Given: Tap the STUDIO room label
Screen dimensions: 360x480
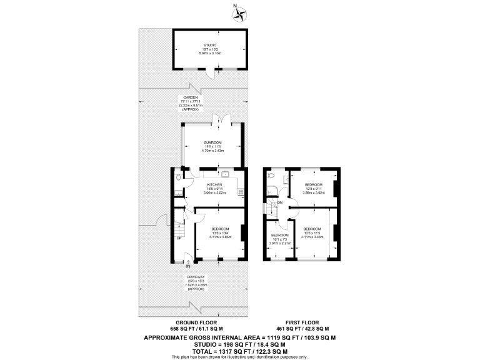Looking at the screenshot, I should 209,45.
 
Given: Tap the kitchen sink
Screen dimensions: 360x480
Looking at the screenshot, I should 222,174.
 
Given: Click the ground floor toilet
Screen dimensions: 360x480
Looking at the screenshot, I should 179,178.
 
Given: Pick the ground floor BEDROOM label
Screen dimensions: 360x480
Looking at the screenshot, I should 220,229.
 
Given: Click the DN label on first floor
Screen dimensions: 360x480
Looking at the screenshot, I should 279,202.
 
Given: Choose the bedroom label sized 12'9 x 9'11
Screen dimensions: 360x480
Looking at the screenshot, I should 313,185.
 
